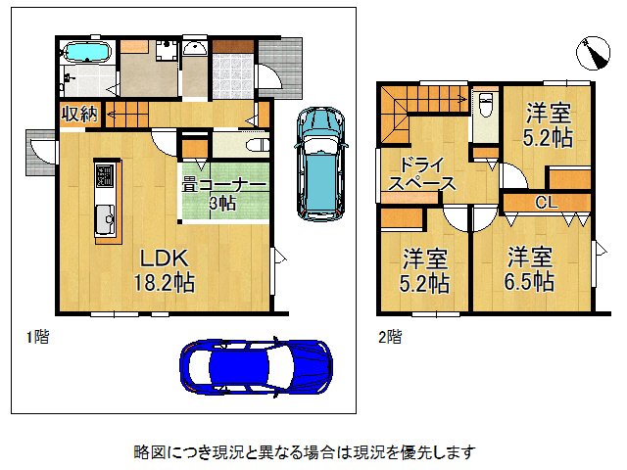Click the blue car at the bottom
[256, 367]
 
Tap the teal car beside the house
[320, 164]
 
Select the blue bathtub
[87, 52]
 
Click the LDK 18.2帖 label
[164, 270]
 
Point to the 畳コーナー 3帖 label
[223, 194]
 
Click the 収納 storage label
[79, 114]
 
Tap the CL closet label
[547, 203]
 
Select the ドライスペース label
[421, 174]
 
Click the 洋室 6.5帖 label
[529, 269]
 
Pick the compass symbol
[593, 53]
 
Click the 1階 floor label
[37, 337]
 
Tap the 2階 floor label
[390, 337]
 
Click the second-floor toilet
[485, 104]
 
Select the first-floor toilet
[257, 145]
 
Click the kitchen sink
[105, 218]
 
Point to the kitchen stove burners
[105, 175]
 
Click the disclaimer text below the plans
[305, 452]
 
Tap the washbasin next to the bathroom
[194, 48]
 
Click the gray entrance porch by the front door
[280, 68]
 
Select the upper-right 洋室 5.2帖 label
[548, 124]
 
